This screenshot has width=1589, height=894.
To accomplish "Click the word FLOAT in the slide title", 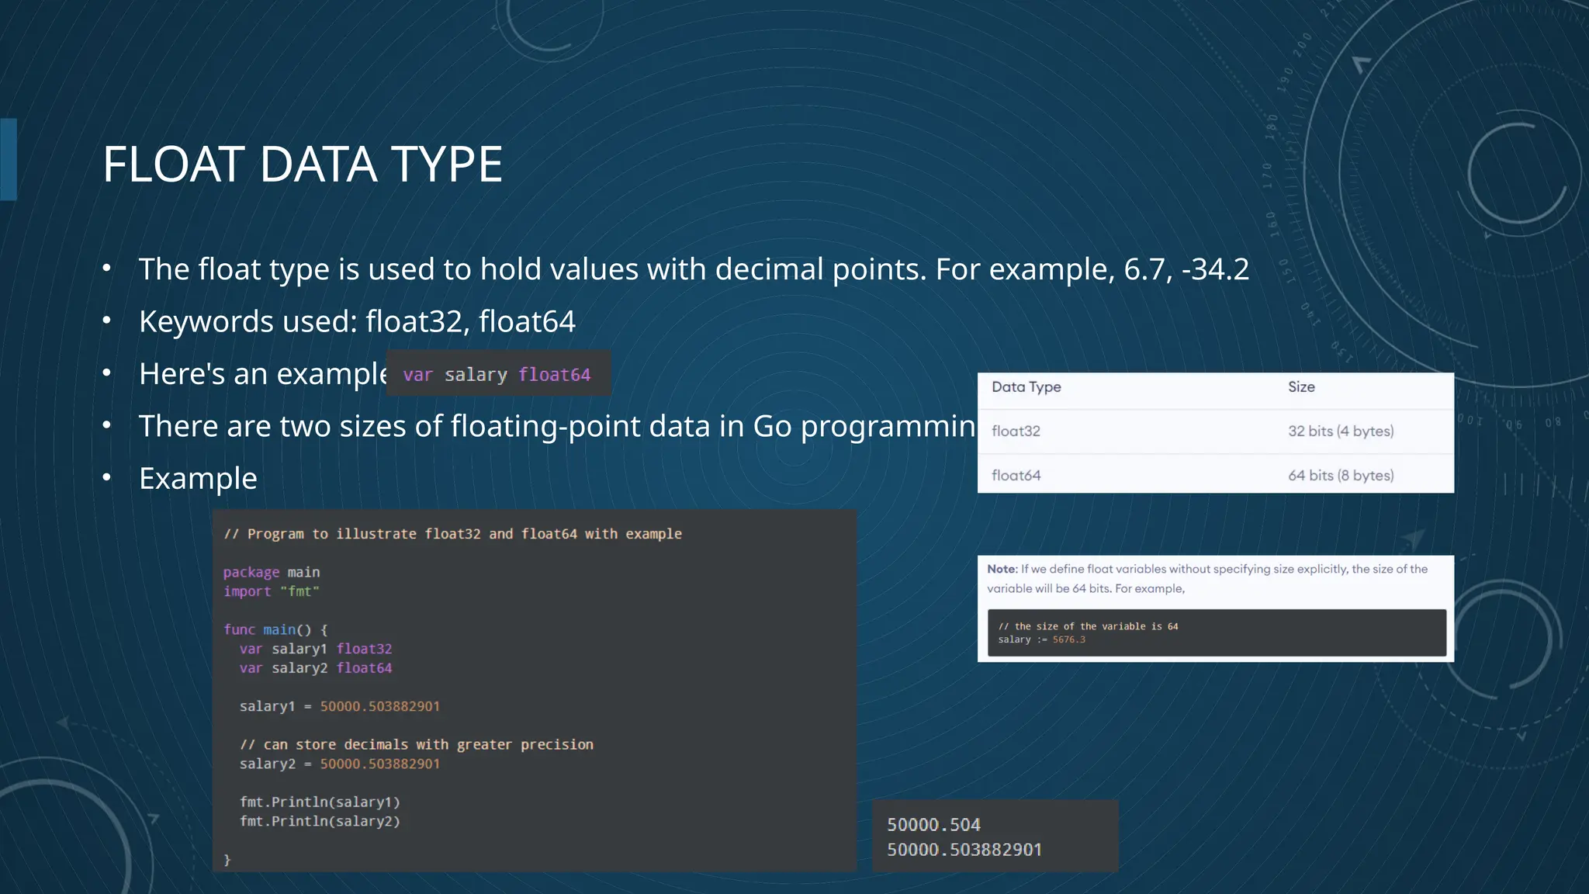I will click(175, 165).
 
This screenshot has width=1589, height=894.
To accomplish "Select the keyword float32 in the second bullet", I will click(414, 321).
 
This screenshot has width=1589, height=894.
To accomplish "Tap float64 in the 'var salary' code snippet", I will click(554, 375).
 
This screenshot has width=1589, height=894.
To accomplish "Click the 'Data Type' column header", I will click(1026, 387).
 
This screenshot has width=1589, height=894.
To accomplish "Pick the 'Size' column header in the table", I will click(1301, 387).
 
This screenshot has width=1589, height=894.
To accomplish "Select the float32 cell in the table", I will click(1016, 431).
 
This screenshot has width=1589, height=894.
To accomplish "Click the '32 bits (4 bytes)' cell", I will click(1341, 431).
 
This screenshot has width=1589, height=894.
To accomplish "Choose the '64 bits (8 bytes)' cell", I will click(1341, 476).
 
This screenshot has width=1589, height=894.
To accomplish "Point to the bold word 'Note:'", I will click(1002, 569).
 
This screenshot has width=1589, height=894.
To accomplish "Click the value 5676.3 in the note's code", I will click(1068, 640).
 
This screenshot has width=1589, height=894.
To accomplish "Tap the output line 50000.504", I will click(933, 825).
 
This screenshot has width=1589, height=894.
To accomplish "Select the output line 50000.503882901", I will click(964, 850).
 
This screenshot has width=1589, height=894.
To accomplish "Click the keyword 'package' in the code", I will click(251, 573).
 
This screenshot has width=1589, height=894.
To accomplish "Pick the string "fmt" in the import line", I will click(299, 591).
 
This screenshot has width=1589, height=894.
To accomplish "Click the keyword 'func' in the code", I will click(239, 630).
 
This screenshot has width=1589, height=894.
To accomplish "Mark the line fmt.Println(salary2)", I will click(320, 821).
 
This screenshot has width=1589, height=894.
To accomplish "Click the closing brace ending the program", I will click(227, 860).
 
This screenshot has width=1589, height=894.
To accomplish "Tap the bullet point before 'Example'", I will click(107, 478).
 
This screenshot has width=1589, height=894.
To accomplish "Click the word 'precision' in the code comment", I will click(556, 745).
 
